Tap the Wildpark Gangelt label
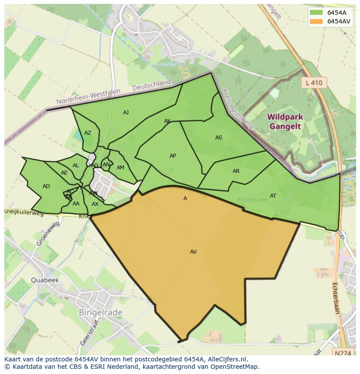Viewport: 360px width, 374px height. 285,122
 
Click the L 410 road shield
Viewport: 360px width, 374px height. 314,83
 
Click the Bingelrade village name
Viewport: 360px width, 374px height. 100,312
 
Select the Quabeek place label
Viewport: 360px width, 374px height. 44,280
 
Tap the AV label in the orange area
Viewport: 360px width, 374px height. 193,252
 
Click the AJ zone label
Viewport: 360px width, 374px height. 126,113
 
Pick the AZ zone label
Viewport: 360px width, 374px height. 88,133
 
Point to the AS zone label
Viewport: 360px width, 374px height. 218,138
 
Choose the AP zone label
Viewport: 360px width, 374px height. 173,156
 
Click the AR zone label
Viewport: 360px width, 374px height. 236,171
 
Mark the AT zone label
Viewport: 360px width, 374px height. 273,196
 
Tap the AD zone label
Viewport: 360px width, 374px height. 46,186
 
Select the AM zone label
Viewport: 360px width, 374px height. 120,168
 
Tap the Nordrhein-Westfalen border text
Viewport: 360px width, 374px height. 93,97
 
